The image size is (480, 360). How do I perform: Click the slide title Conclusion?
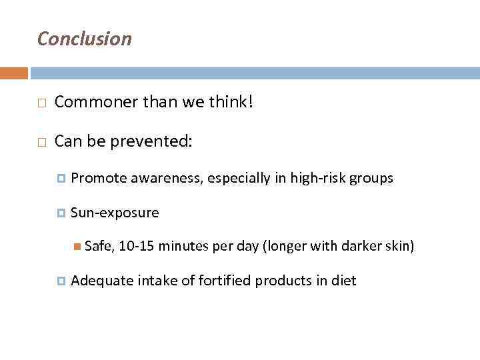coord(85,39)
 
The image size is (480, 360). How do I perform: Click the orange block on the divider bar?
coord(14,73)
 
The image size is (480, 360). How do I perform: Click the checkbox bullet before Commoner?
coord(41,103)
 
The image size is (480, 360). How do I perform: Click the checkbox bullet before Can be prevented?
coord(41,141)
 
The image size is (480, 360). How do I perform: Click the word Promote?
coord(99,178)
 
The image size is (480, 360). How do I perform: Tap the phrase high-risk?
coord(319,178)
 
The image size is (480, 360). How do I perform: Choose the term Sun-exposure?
coord(115,213)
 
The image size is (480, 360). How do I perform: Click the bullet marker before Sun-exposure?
coord(62,213)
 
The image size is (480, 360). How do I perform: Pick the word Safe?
coord(100,247)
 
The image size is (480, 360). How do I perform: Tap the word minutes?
coord(184,247)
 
